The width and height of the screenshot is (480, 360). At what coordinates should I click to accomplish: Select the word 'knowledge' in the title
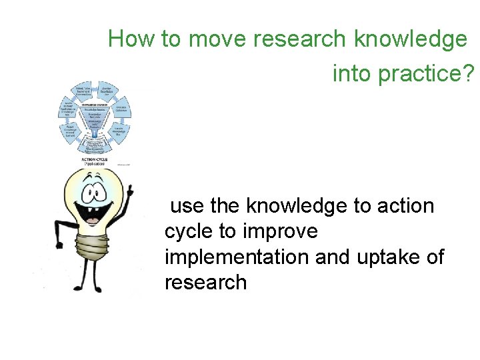[x=411, y=39]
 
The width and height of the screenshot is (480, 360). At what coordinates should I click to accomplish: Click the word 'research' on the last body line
[x=205, y=282]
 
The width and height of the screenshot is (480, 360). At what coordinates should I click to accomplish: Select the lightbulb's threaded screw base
[x=93, y=248]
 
